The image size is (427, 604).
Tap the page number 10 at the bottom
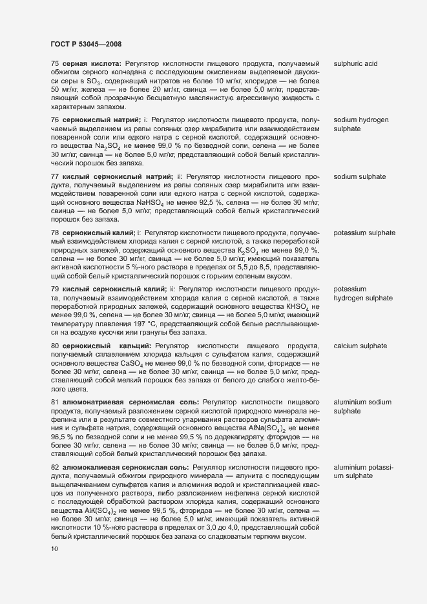point(54,549)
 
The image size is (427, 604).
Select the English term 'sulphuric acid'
point(355,64)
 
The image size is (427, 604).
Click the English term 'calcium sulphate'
point(360,346)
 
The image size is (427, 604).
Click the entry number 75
point(55,64)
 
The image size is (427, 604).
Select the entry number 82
point(55,466)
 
